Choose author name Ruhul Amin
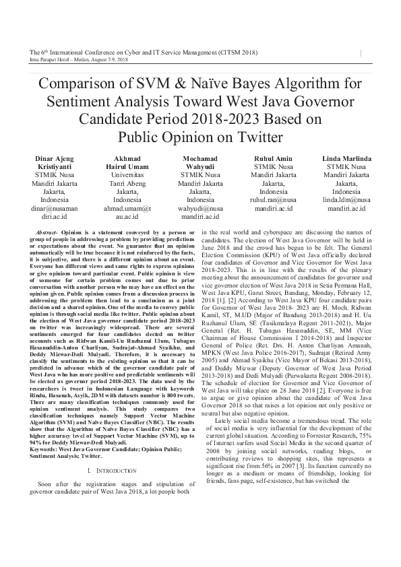[x=273, y=158]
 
